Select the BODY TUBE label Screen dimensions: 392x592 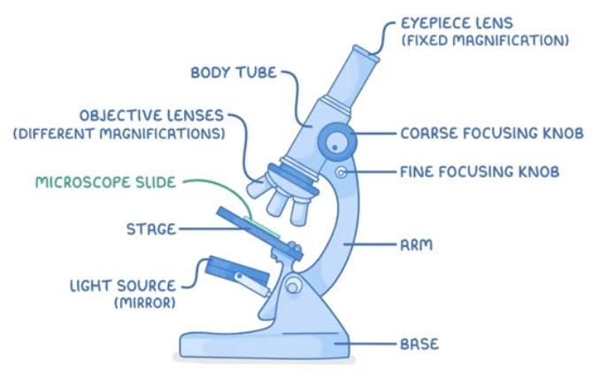[233, 72]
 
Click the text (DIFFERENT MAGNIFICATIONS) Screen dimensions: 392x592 [118, 134]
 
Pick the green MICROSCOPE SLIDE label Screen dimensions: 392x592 [105, 183]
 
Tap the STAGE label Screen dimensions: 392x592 [150, 229]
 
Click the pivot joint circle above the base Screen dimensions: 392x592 [291, 285]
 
